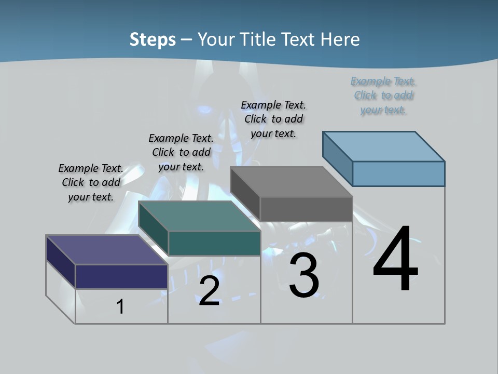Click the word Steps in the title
point(153,39)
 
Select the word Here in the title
point(340,39)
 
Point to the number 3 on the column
point(304,275)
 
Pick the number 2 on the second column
point(209,291)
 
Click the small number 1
point(120,307)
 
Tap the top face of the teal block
point(199,216)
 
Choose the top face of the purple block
point(107,250)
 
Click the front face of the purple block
point(121,276)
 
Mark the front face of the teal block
point(214,243)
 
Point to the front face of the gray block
point(306,209)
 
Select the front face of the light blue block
point(398,173)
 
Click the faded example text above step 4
point(383,96)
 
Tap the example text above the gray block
point(273,119)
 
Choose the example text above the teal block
point(181,152)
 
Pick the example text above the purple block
point(91,182)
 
